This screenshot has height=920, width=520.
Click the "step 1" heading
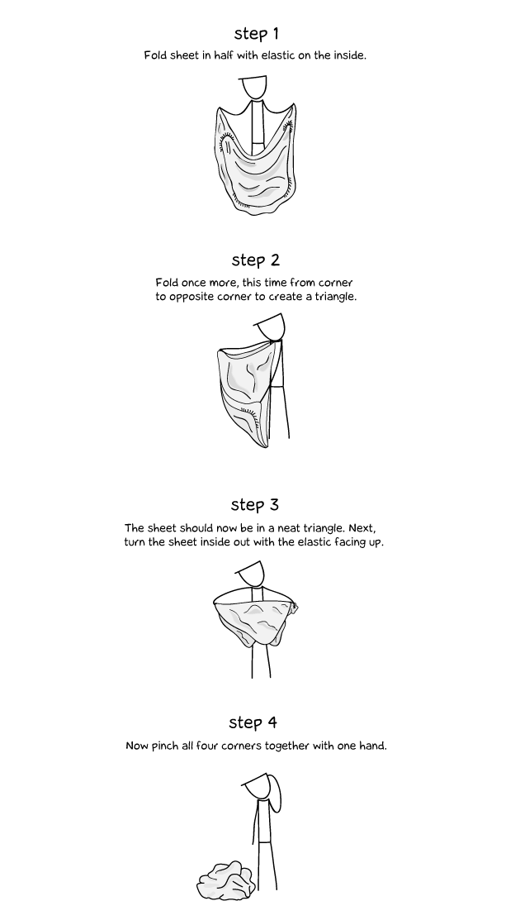point(256,33)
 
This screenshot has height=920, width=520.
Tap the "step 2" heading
point(255,260)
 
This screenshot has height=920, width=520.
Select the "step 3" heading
point(255,504)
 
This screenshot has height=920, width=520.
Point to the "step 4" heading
point(253,722)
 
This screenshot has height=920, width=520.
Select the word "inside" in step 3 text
point(215,542)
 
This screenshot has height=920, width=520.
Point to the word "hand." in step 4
point(373,746)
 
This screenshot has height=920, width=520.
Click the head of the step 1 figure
point(253,87)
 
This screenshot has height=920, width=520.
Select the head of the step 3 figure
point(252,573)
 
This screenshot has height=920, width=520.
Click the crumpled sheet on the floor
point(226,880)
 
